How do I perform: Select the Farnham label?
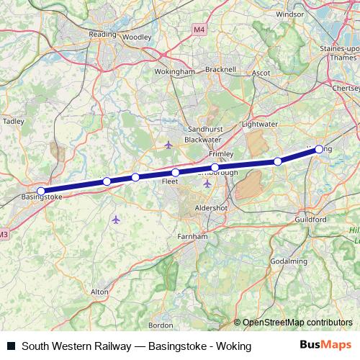[193, 235]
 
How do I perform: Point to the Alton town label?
[99, 292]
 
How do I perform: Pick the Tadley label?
[14, 122]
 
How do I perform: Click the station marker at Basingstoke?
[41, 192]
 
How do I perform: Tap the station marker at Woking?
[319, 149]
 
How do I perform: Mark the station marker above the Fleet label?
[175, 173]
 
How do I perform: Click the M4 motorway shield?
[199, 30]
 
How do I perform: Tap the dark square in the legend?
[11, 346]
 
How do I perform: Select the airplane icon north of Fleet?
[168, 145]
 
